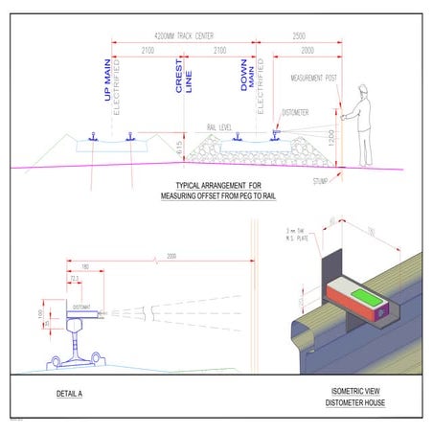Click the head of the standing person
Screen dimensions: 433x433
coord(363,92)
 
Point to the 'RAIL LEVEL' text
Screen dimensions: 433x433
coord(221,125)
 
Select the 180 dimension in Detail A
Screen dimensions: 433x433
coord(85,267)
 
